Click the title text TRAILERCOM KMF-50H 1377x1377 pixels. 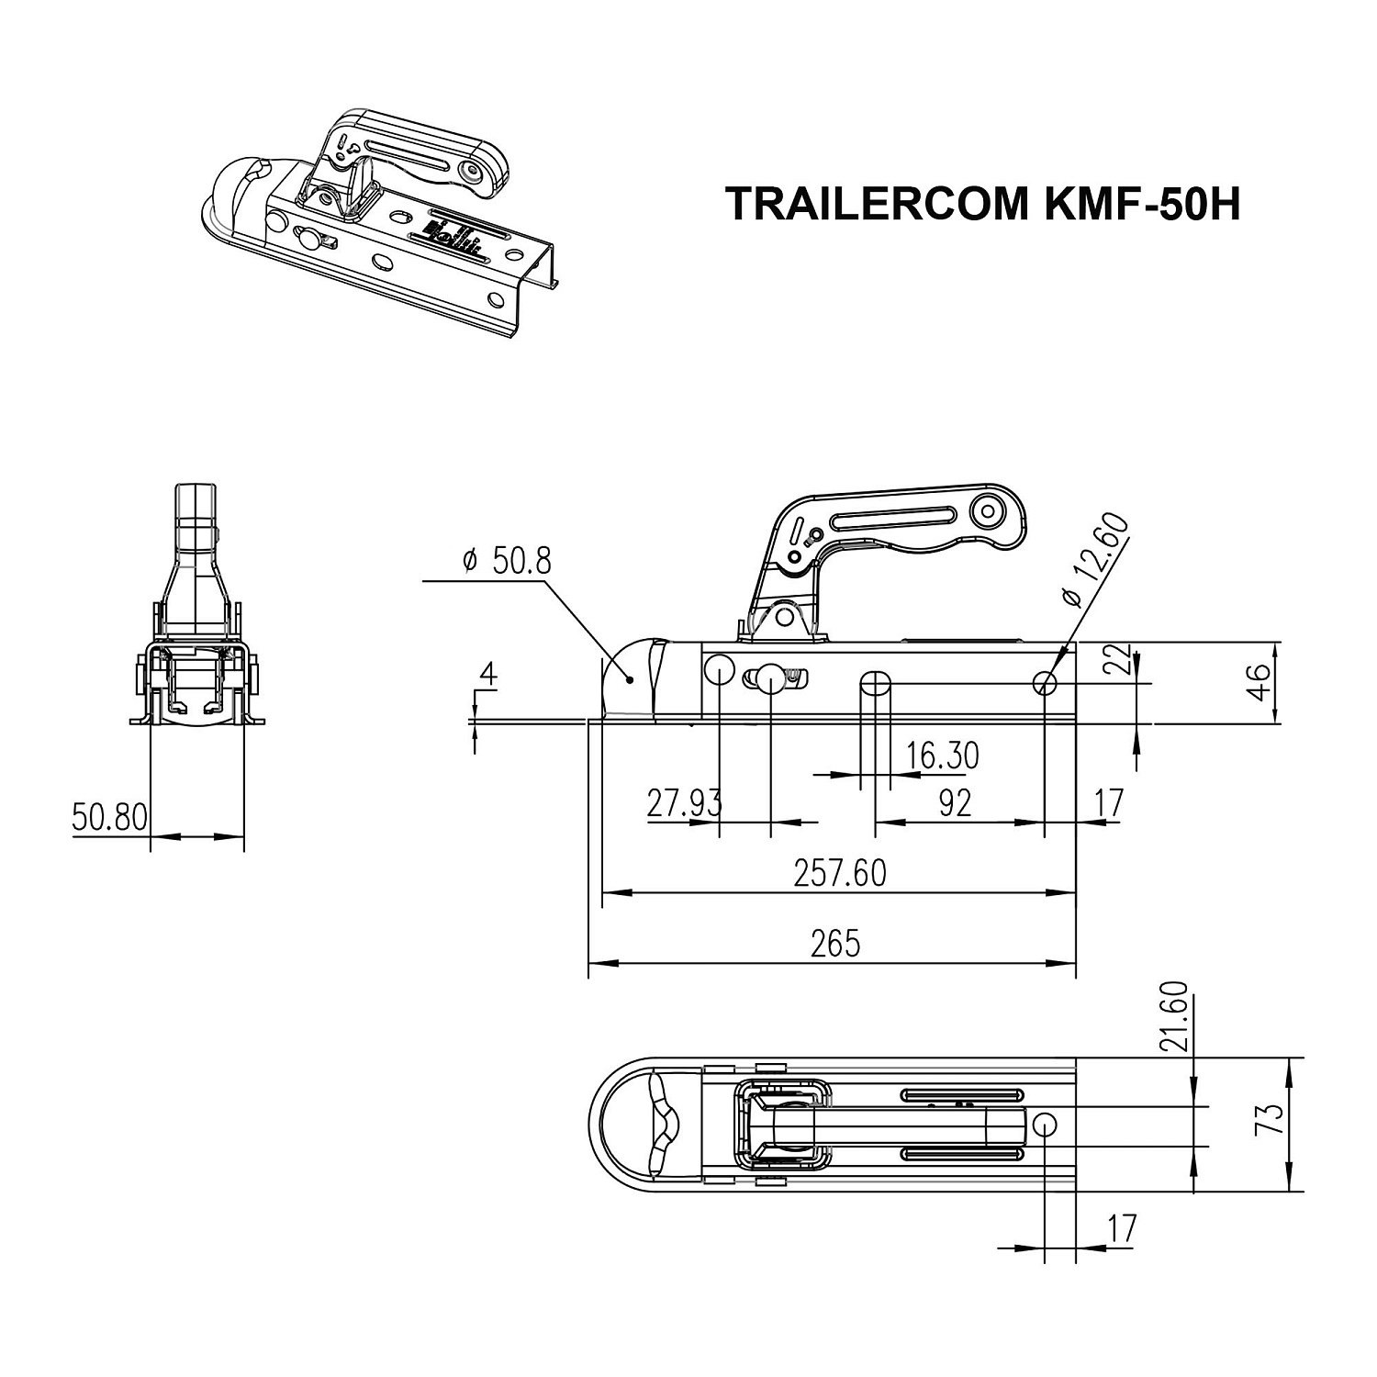982,205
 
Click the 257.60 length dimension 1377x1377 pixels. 840,873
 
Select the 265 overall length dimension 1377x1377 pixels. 835,943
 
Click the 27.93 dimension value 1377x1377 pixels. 684,803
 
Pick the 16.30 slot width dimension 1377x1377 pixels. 942,756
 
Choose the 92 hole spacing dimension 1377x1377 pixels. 956,803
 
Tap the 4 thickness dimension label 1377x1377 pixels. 488,675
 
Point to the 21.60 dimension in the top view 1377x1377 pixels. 1179,1016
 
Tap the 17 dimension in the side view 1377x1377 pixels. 1109,803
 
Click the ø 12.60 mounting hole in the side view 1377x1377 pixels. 1045,683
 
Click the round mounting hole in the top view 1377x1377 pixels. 1045,1125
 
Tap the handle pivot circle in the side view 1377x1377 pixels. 990,509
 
